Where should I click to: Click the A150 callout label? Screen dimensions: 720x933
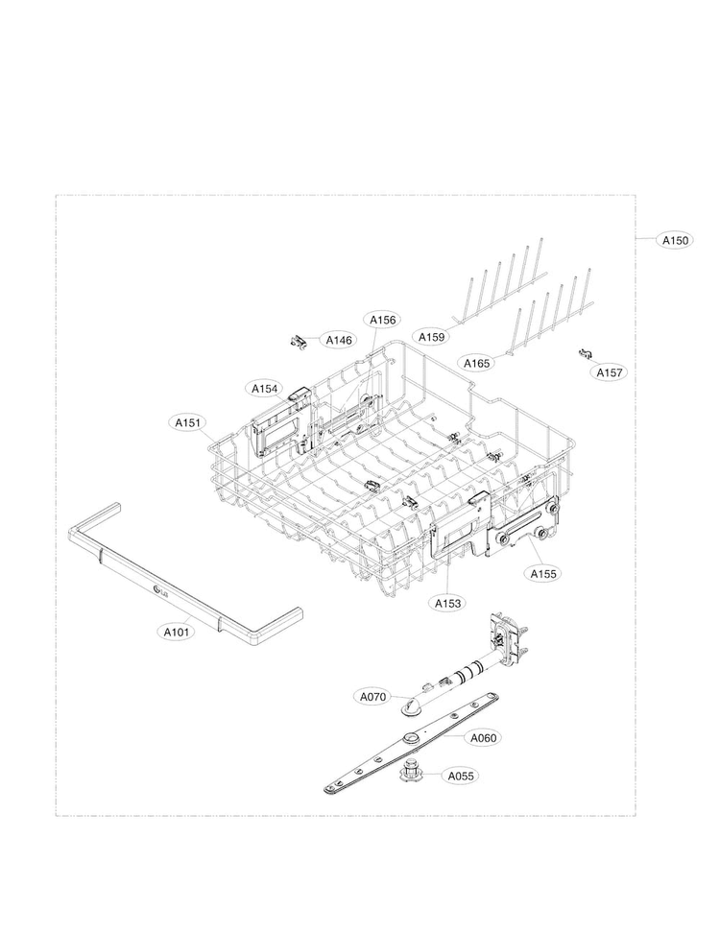tap(675, 240)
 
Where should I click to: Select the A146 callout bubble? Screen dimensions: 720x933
tap(339, 341)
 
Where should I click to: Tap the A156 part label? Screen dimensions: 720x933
tap(383, 321)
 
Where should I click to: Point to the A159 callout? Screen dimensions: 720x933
tap(431, 337)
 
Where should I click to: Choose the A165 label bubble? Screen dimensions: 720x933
tap(476, 363)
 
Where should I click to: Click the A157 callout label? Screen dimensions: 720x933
tap(610, 372)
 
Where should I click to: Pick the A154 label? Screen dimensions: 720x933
tap(265, 389)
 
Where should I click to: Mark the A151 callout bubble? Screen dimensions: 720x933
tap(187, 423)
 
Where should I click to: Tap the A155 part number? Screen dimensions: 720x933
tap(543, 574)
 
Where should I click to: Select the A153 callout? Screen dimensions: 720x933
tap(447, 604)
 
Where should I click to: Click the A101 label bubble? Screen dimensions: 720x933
tap(176, 632)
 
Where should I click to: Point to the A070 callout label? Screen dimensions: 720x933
tap(373, 697)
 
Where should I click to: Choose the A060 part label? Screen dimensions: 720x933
tap(483, 738)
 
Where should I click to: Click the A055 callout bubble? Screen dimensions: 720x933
tap(461, 776)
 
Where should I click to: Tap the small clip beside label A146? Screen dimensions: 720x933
tap(299, 343)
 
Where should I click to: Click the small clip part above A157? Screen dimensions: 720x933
tap(587, 354)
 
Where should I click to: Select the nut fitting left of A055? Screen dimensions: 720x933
tap(411, 771)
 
